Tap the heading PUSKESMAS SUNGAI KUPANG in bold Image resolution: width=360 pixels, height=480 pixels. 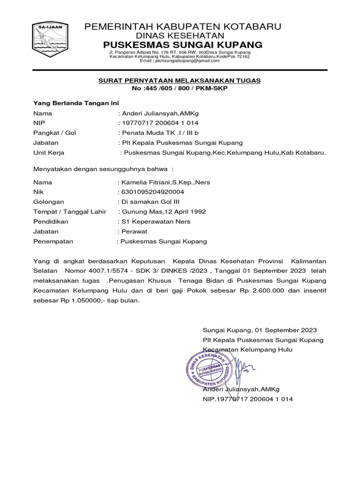tap(183, 45)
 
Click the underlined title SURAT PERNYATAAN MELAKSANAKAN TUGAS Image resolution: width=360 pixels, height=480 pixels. tap(179, 81)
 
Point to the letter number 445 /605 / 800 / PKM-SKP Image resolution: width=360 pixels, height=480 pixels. tap(186, 89)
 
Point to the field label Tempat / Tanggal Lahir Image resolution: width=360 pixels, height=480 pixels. tap(70, 211)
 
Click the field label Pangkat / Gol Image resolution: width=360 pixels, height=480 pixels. tap(54, 133)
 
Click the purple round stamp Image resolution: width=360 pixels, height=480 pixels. tap(210, 367)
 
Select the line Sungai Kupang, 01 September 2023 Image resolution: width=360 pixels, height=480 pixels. tap(260, 330)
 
